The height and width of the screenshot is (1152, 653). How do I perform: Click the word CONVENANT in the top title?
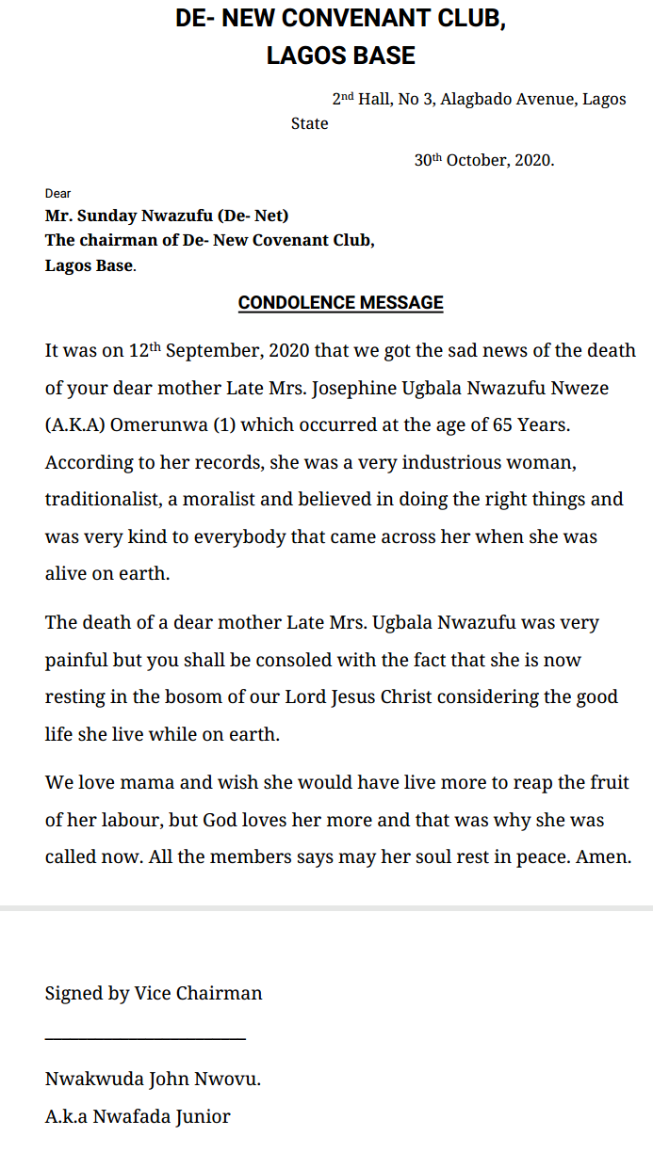click(369, 19)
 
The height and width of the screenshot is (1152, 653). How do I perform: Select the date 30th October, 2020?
click(484, 160)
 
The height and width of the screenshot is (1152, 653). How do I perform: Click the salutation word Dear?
click(58, 194)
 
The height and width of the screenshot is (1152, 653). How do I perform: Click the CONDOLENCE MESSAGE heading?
click(340, 303)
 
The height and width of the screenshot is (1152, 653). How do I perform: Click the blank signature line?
click(145, 1038)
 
